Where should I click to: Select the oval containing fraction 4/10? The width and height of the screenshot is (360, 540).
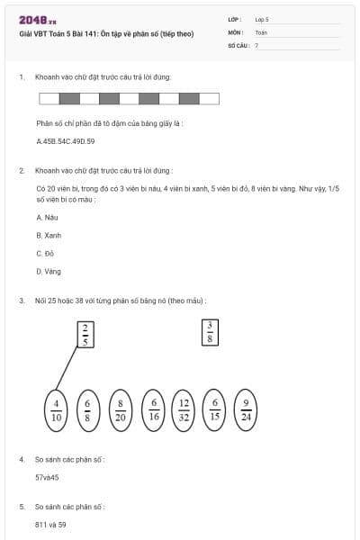pos(57,410)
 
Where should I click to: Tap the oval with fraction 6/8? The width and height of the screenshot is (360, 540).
pos(88,410)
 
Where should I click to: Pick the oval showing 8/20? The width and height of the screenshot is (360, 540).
pos(121,410)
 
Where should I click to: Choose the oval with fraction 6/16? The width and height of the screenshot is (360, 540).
pos(153,410)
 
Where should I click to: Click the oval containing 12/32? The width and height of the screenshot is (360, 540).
pos(184,410)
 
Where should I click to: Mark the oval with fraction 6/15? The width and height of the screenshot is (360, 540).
pos(214,410)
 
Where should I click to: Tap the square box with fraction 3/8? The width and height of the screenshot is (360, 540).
pos(210,331)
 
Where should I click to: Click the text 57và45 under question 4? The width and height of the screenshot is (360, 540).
pos(48,477)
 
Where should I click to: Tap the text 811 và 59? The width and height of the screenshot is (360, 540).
pos(51,524)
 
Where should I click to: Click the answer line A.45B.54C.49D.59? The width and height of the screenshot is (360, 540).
pos(66,141)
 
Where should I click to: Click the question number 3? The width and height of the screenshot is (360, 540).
pos(22,300)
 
